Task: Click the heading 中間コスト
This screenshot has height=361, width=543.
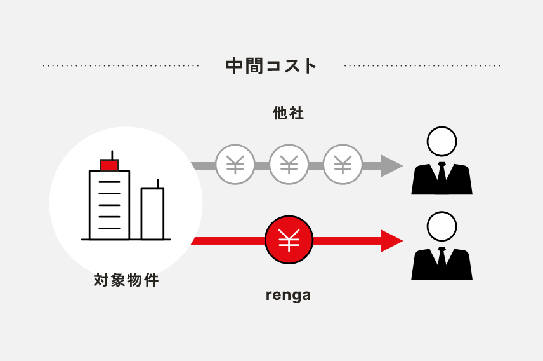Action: pyautogui.click(x=271, y=65)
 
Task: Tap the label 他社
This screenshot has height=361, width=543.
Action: pyautogui.click(x=289, y=113)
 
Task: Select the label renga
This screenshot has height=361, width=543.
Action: pyautogui.click(x=288, y=295)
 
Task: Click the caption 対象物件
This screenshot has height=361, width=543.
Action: pyautogui.click(x=126, y=280)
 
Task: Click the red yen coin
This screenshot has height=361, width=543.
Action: pyautogui.click(x=289, y=240)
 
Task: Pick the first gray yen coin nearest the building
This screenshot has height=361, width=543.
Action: pyautogui.click(x=235, y=165)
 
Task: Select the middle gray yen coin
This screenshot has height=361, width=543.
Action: pyautogui.click(x=289, y=165)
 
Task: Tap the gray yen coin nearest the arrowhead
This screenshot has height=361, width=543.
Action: pyautogui.click(x=343, y=165)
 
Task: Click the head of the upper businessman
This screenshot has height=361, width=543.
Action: pyautogui.click(x=442, y=141)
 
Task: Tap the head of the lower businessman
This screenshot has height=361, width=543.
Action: pyautogui.click(x=442, y=226)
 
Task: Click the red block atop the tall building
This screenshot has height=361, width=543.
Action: pyautogui.click(x=109, y=165)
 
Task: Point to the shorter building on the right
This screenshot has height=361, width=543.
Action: pyautogui.click(x=152, y=214)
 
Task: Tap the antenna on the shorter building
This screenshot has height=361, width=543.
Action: pyautogui.click(x=158, y=183)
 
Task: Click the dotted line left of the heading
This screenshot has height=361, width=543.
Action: pyautogui.click(x=121, y=65)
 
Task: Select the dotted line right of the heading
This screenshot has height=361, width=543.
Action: pyautogui.click(x=422, y=65)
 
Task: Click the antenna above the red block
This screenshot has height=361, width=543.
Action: pyautogui.click(x=112, y=154)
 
